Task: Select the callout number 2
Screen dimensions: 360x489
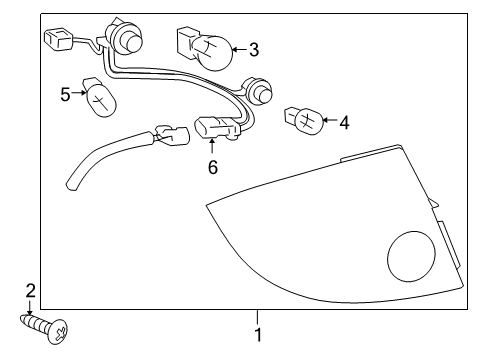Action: [x=30, y=291]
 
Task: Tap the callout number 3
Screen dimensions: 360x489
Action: [x=253, y=48]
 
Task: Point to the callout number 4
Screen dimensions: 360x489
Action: [x=344, y=123]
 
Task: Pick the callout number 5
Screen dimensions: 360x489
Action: [x=66, y=94]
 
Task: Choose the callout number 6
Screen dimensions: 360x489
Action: [x=212, y=168]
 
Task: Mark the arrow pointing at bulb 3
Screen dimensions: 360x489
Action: [x=238, y=48]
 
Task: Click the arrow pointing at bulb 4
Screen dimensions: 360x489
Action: [x=329, y=123]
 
